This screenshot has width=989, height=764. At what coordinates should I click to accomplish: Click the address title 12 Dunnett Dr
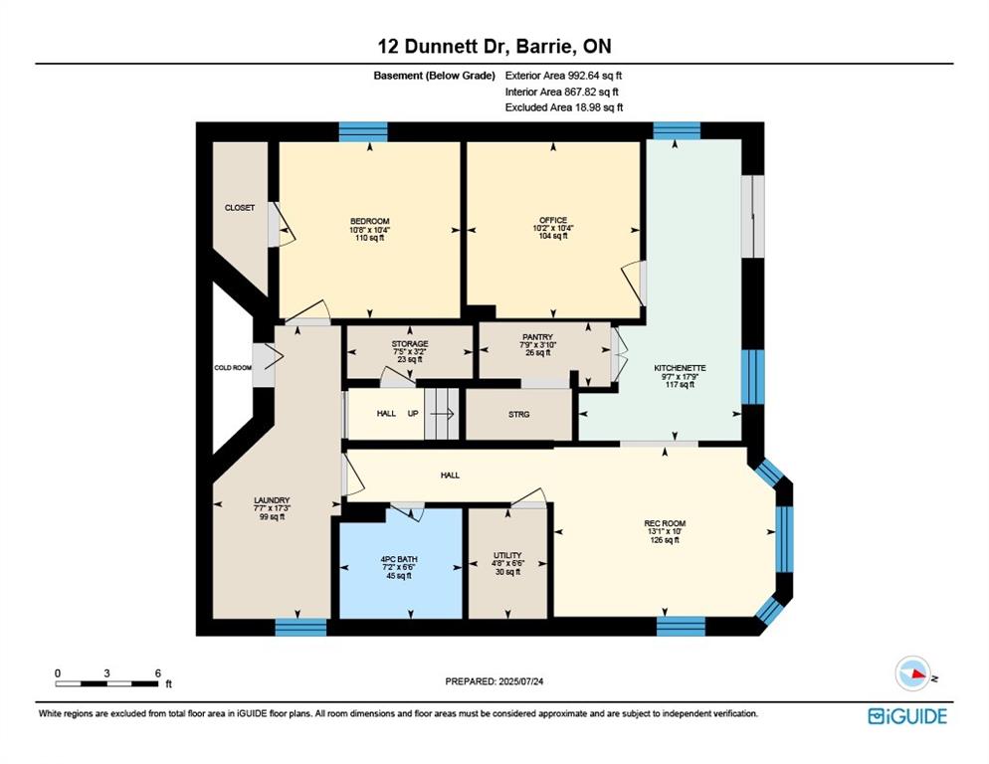click(x=494, y=46)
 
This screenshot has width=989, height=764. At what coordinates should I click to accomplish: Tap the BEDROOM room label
click(x=369, y=221)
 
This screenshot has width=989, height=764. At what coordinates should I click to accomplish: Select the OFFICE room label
click(x=553, y=220)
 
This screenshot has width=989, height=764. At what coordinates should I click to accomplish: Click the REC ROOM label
click(x=665, y=523)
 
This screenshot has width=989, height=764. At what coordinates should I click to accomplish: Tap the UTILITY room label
click(x=507, y=556)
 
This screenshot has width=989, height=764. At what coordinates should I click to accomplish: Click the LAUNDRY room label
click(x=271, y=500)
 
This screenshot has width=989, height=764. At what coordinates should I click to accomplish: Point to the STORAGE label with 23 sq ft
click(x=409, y=344)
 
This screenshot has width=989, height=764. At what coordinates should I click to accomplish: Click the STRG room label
click(x=518, y=414)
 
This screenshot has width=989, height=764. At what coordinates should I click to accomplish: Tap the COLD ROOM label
click(x=233, y=367)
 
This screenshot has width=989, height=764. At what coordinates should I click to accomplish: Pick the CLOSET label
click(x=240, y=208)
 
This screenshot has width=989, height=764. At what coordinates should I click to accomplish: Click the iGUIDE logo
click(x=906, y=715)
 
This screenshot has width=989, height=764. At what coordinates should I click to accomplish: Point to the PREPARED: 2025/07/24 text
click(x=494, y=681)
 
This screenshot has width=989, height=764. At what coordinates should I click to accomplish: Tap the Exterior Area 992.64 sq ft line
click(x=564, y=75)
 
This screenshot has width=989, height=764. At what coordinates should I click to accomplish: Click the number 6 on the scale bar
click(x=157, y=672)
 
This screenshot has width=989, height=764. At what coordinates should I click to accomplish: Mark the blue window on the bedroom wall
click(x=363, y=131)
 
